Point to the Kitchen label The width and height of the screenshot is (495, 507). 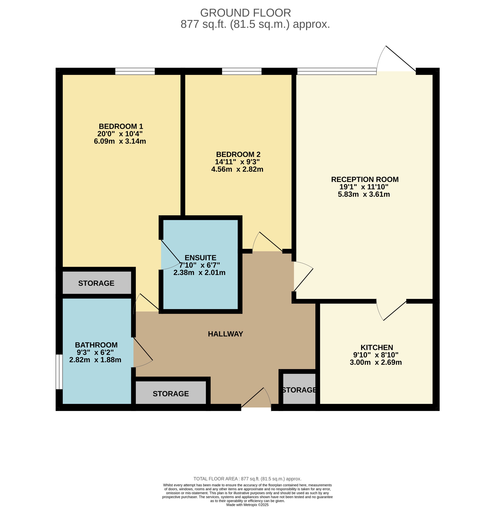tap(376, 347)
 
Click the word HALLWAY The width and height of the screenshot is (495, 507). tap(225, 334)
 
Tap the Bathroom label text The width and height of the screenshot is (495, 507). tap(96, 345)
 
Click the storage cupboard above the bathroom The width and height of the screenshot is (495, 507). tap(96, 283)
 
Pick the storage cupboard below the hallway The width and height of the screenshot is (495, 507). tap(171, 394)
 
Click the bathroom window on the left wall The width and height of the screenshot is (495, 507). tap(59, 372)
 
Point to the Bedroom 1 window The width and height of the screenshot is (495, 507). tap(135, 71)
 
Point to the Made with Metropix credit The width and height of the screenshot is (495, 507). tap(247, 505)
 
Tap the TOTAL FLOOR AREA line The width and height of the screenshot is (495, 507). tap(247, 479)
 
